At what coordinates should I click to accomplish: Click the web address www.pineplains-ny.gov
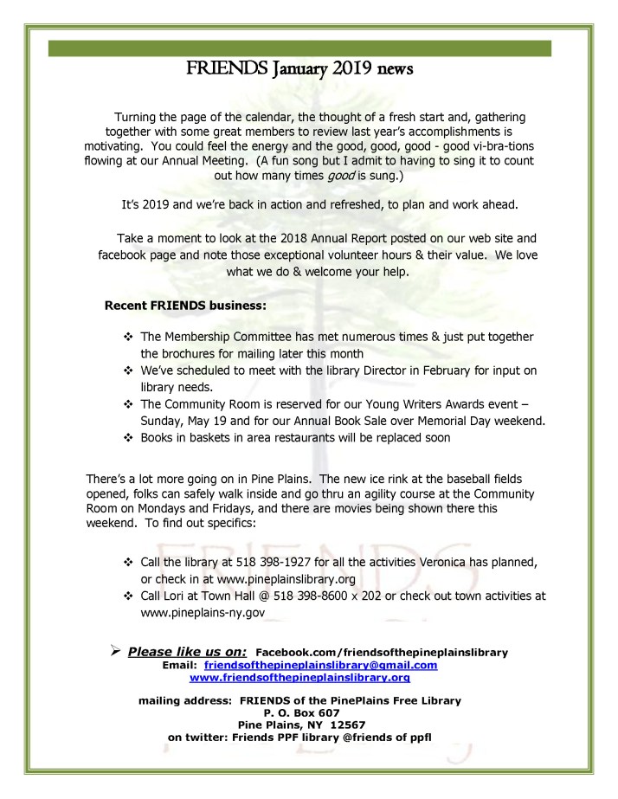tap(202, 612)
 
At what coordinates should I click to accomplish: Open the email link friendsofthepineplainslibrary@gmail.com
tap(320, 665)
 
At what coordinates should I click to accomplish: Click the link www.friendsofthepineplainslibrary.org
tap(318, 678)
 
